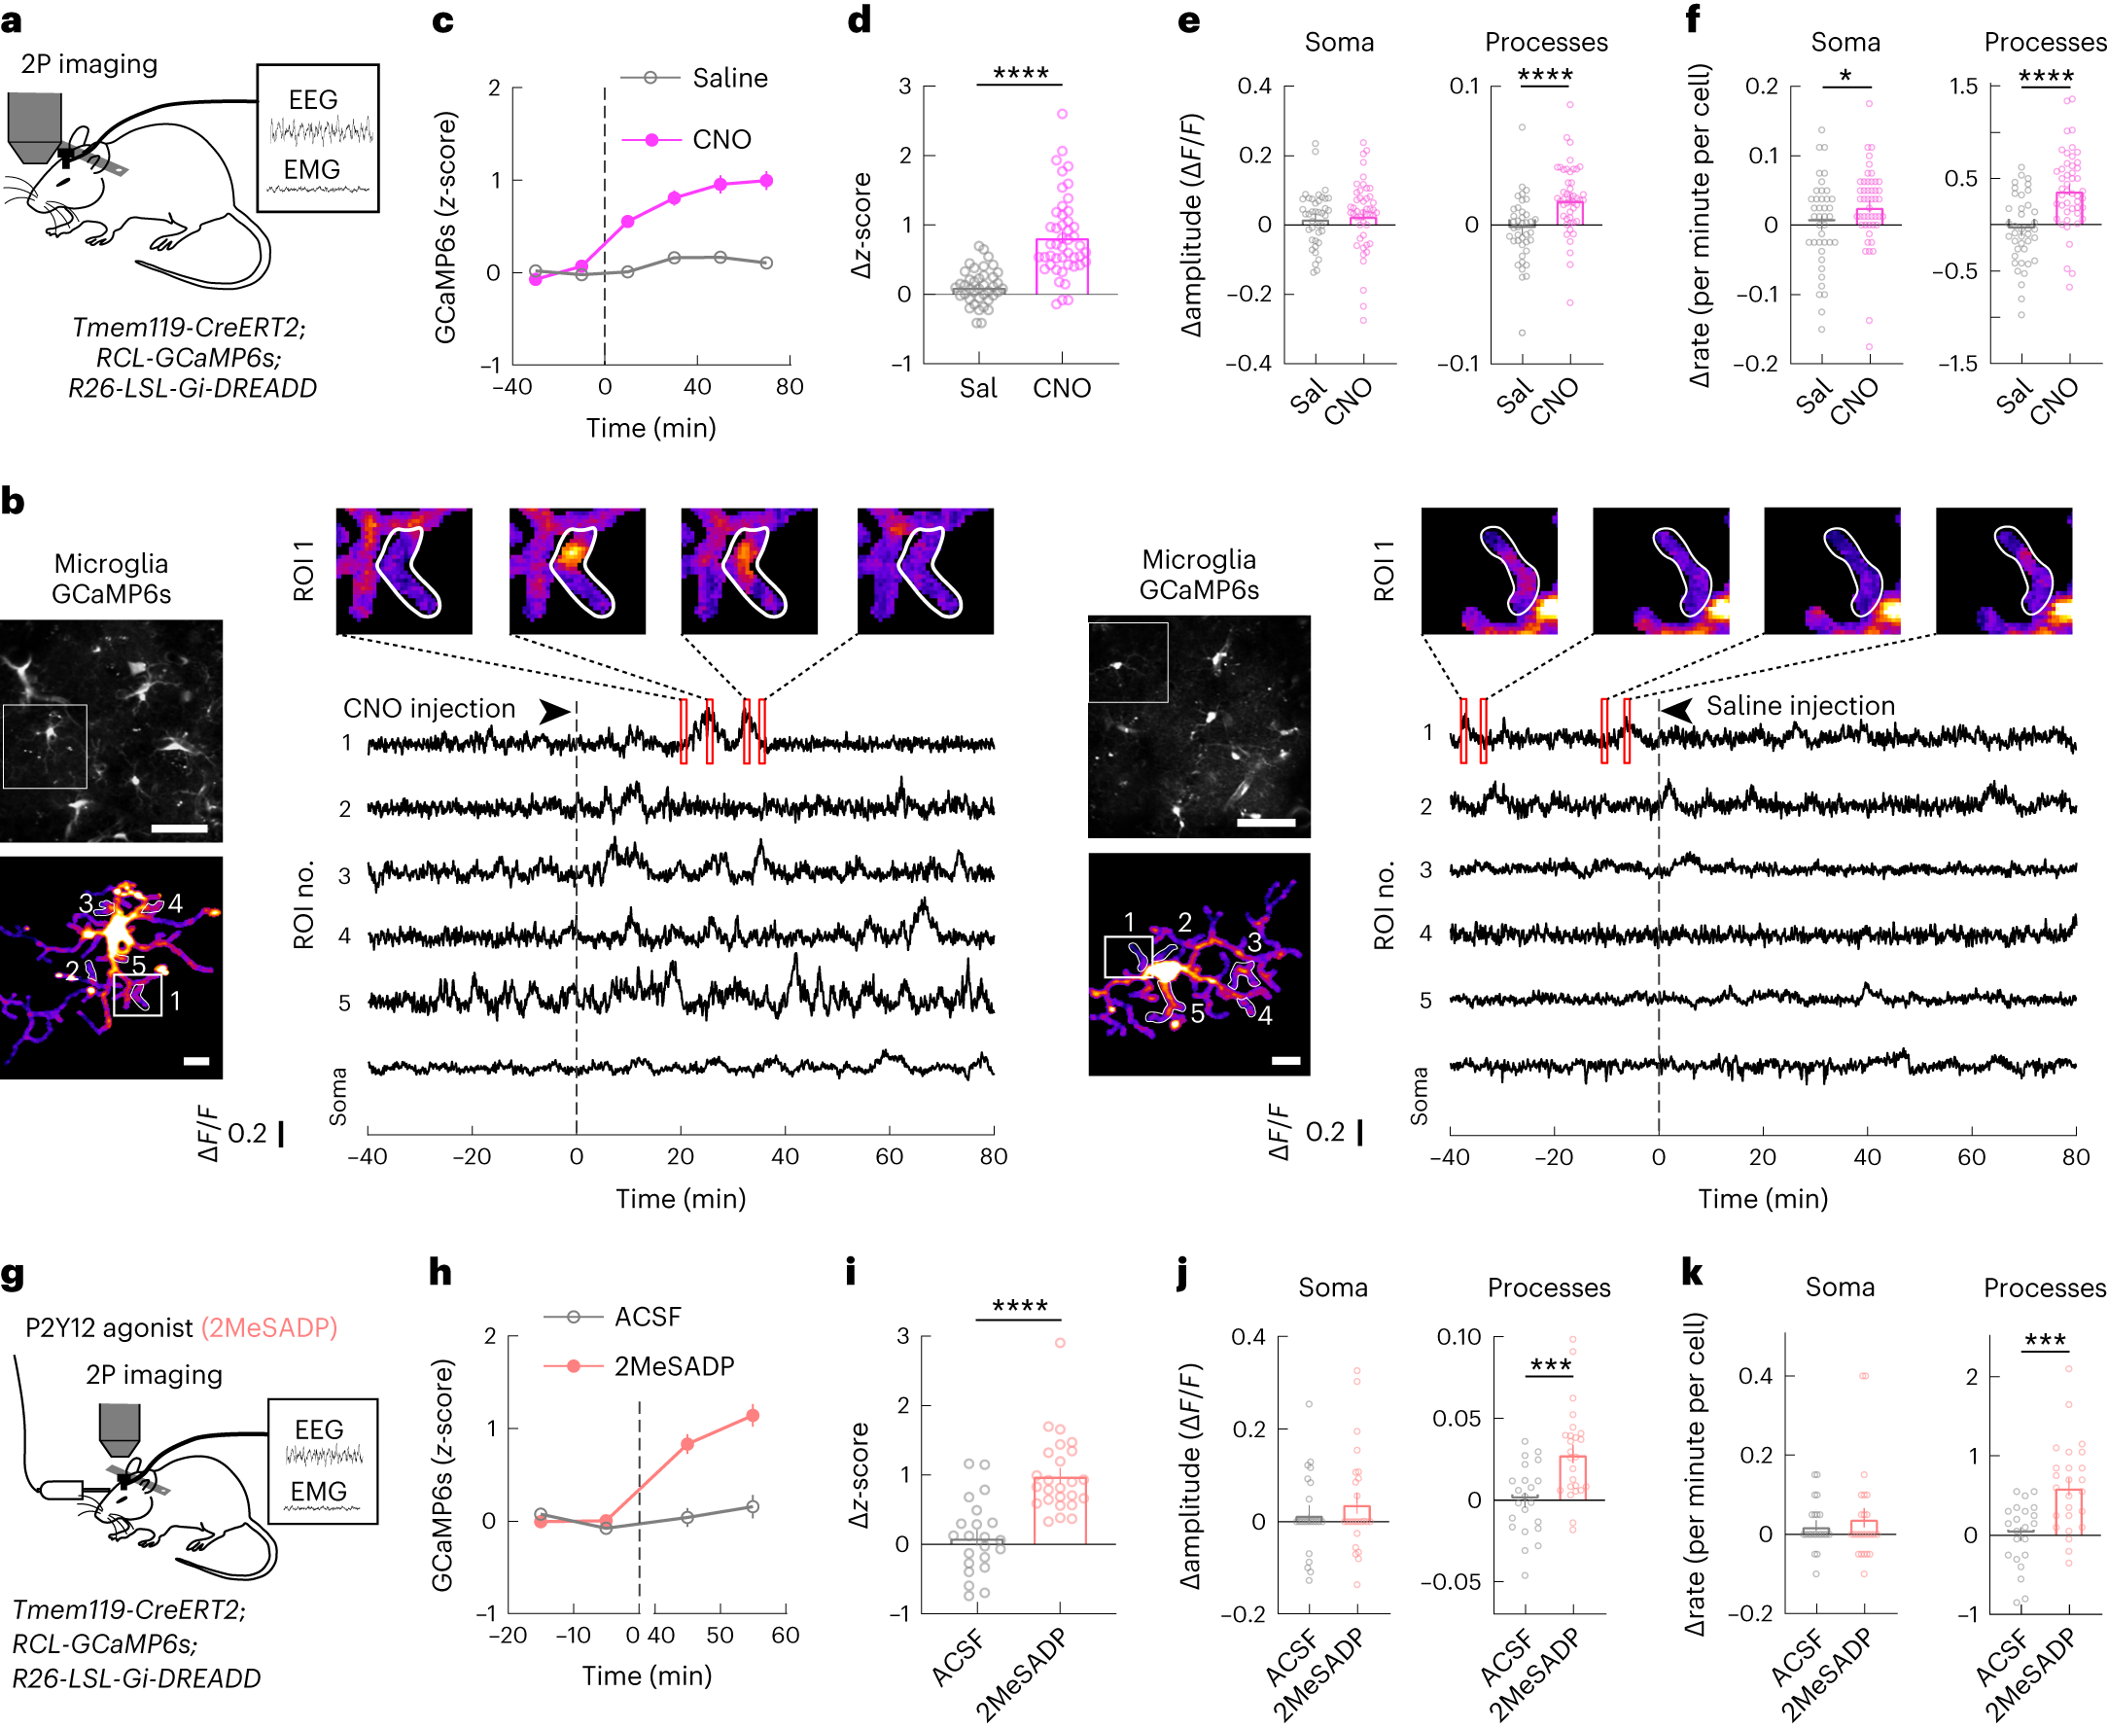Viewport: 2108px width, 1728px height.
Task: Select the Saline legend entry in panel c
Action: point(728,78)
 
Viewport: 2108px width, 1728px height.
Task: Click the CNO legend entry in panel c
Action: point(720,139)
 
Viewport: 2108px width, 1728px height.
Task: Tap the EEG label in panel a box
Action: point(312,99)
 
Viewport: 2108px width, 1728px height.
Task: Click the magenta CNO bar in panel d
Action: point(1061,265)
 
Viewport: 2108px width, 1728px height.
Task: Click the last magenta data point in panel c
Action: point(766,180)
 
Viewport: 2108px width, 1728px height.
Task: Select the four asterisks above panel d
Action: point(1020,74)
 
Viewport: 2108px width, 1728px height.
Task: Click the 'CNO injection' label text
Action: point(429,708)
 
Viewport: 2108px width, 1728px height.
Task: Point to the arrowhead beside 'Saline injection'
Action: point(1678,710)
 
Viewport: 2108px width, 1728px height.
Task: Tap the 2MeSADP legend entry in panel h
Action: point(673,1365)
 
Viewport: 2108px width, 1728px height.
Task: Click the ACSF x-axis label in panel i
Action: point(958,1657)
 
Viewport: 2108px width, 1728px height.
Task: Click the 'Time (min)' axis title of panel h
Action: point(647,1675)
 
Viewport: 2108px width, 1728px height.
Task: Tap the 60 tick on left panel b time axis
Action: point(889,1155)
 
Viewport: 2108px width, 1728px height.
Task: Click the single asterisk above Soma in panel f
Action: point(1845,77)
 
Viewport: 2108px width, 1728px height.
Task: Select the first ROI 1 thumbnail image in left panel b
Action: point(404,571)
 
